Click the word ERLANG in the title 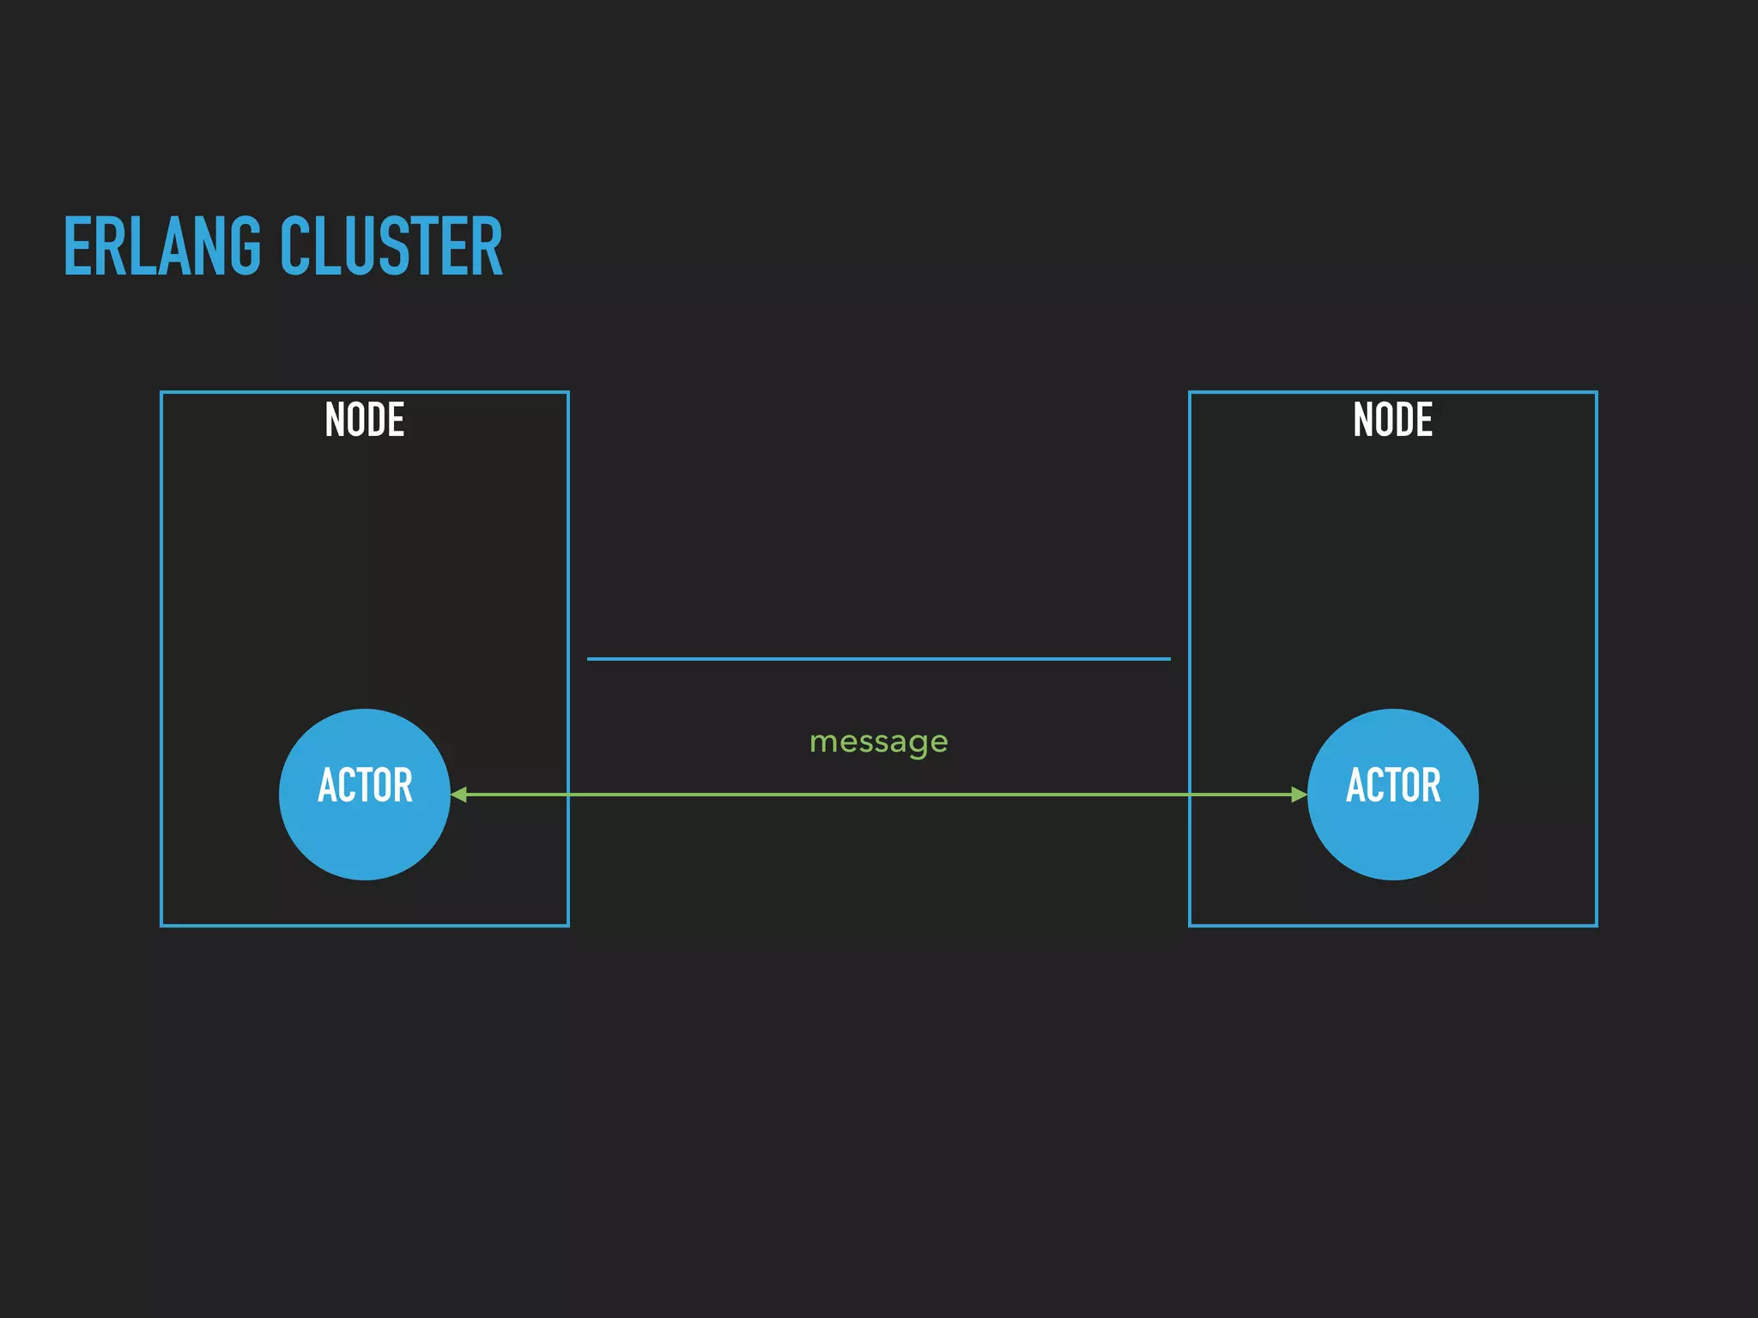[x=161, y=247]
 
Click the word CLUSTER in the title [x=391, y=247]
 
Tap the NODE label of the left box [x=365, y=420]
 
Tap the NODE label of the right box [x=1392, y=420]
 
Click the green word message [x=878, y=741]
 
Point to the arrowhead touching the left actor [x=459, y=795]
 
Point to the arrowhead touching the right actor [x=1299, y=795]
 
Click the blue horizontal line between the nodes [x=878, y=658]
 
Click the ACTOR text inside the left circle [x=365, y=785]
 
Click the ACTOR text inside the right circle [x=1392, y=785]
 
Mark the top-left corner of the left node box [x=161, y=392]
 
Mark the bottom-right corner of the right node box [x=1596, y=925]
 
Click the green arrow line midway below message [x=878, y=795]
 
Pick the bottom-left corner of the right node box [x=1190, y=925]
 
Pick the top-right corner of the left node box [x=567, y=392]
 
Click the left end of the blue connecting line [x=589, y=658]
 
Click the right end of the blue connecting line [x=1168, y=658]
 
